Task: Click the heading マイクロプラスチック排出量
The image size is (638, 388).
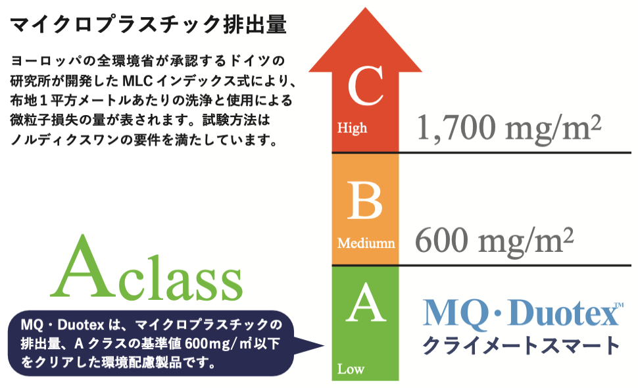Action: (x=149, y=25)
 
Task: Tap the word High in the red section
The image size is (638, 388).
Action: (x=352, y=128)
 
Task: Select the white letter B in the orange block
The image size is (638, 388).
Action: (x=364, y=201)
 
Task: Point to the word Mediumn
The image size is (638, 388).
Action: (x=366, y=243)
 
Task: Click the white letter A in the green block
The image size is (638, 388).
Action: (x=366, y=303)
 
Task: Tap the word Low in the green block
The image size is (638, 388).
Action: (x=351, y=369)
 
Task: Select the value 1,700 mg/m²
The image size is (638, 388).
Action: (x=509, y=128)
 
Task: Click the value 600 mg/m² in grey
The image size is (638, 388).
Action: (x=495, y=241)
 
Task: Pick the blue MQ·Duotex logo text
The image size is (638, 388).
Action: (x=521, y=313)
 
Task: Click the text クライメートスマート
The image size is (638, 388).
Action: (x=521, y=346)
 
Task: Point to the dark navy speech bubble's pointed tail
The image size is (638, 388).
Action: (x=324, y=346)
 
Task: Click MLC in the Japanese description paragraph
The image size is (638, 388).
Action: (x=137, y=81)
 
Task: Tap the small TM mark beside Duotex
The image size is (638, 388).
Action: (x=618, y=305)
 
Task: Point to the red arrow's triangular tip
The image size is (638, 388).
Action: (x=366, y=8)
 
